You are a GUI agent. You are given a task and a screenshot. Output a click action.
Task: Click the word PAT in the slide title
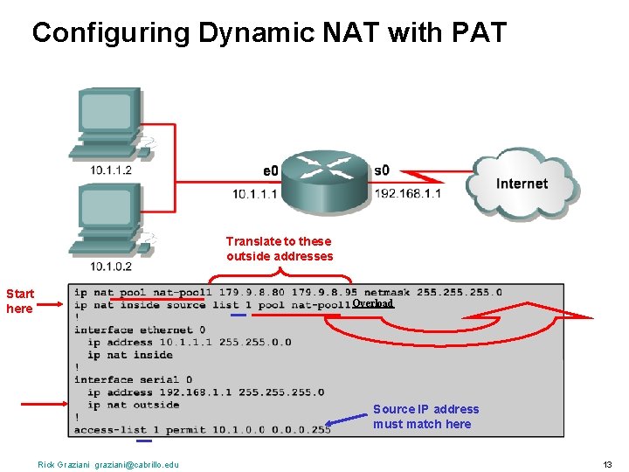coord(476,33)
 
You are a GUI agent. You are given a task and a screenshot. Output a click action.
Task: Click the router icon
coord(326,179)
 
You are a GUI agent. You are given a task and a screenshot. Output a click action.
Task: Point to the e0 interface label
coord(270,170)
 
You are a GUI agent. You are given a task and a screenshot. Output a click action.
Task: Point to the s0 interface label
coord(382,170)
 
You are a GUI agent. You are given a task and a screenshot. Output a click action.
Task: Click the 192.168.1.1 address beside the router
coord(408,193)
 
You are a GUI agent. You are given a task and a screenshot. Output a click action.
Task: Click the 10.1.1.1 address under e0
coord(254,193)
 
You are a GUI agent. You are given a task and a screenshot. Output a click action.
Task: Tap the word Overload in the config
coord(373,303)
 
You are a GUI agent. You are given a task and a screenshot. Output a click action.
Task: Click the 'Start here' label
coord(19,301)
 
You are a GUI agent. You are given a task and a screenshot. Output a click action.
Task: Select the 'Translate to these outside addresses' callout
coord(280,248)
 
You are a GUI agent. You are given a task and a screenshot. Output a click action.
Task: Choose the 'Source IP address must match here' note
coord(425,416)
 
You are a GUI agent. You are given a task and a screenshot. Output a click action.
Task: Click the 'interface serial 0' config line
coord(133,379)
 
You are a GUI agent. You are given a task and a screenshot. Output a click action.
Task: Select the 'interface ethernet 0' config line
coord(139,330)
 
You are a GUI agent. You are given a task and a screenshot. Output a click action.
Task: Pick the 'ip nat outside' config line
coord(133,405)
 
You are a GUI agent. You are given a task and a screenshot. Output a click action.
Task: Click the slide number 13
coord(607,464)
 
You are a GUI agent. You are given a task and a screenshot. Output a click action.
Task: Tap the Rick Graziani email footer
coord(108,464)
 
